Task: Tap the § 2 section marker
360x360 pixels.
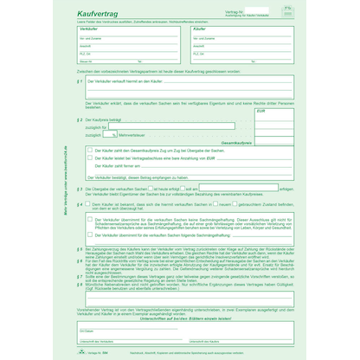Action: tap(79, 119)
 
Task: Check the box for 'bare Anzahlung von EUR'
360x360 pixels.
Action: tap(89, 158)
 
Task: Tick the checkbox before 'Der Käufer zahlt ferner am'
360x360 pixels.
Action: tap(89, 166)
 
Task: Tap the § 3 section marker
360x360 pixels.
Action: tap(79, 187)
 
